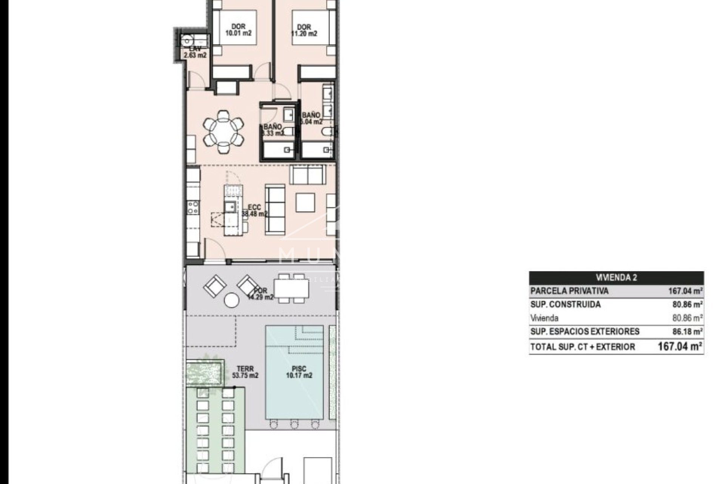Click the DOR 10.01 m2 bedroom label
click(238, 30)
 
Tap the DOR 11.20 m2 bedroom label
click(304, 30)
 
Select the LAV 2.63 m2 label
click(195, 52)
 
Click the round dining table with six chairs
click(223, 132)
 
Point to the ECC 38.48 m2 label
click(254, 211)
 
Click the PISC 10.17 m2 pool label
click(299, 372)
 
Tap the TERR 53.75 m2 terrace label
click(245, 372)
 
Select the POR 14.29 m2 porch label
click(260, 294)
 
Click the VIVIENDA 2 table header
click(616, 278)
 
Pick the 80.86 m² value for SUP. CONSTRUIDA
click(687, 304)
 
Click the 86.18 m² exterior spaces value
click(687, 332)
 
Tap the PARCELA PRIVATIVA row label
click(569, 291)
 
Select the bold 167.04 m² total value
click(680, 346)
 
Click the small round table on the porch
click(231, 301)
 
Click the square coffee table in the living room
click(305, 202)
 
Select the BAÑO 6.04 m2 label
click(311, 118)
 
